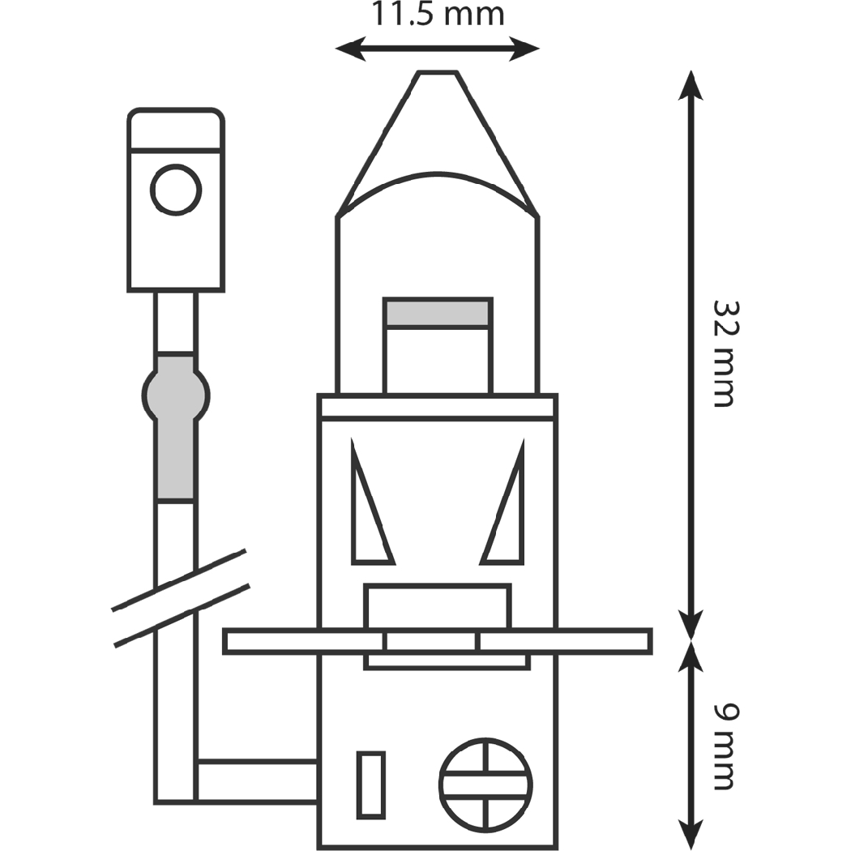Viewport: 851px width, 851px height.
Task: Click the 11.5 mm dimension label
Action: tap(438, 14)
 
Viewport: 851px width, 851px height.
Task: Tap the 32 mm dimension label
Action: tap(724, 354)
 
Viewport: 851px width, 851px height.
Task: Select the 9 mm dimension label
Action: tap(724, 746)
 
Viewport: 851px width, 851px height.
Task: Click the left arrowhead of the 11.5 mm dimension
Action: tap(347, 49)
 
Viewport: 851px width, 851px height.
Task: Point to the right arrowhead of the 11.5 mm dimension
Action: tap(528, 49)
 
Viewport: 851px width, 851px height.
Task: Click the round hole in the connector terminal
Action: tap(175, 190)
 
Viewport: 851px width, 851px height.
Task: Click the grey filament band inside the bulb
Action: tap(438, 313)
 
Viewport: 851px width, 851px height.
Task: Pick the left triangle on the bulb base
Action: tap(368, 519)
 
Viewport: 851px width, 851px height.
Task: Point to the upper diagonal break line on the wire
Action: tap(178, 579)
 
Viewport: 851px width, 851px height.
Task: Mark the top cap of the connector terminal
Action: tap(175, 130)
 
